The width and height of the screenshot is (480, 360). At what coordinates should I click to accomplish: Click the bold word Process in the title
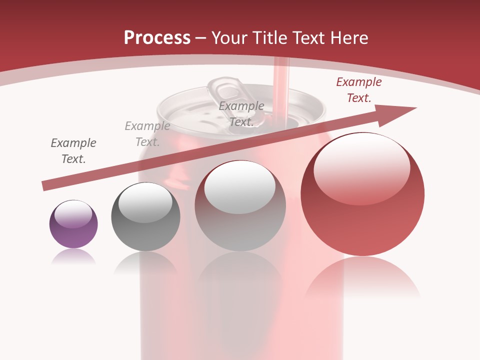point(157,38)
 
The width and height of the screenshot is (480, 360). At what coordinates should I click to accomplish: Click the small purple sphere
point(73,224)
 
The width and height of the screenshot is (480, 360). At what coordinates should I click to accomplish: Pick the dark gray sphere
point(145,216)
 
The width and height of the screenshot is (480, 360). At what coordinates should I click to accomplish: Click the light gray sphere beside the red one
point(240,205)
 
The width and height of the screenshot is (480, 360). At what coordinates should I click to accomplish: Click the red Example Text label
point(358,90)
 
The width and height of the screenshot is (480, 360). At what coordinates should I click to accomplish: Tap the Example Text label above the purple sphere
point(73,151)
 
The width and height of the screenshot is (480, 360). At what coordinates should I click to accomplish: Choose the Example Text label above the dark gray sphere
point(147,134)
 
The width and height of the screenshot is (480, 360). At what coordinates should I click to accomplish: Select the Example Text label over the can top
point(241,114)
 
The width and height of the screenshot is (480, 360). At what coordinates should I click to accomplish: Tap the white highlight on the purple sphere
point(73,214)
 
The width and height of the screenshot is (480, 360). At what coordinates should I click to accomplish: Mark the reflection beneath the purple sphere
point(73,256)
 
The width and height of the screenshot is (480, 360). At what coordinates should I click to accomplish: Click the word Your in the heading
point(230,38)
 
